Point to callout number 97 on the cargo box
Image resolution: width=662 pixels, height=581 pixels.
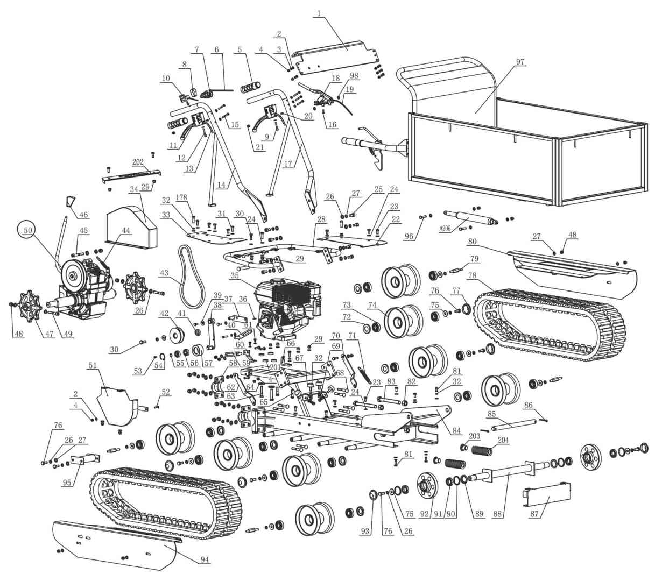pos(520,62)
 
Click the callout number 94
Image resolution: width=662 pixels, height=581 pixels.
pos(205,560)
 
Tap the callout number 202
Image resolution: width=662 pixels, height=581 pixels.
pos(137,161)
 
